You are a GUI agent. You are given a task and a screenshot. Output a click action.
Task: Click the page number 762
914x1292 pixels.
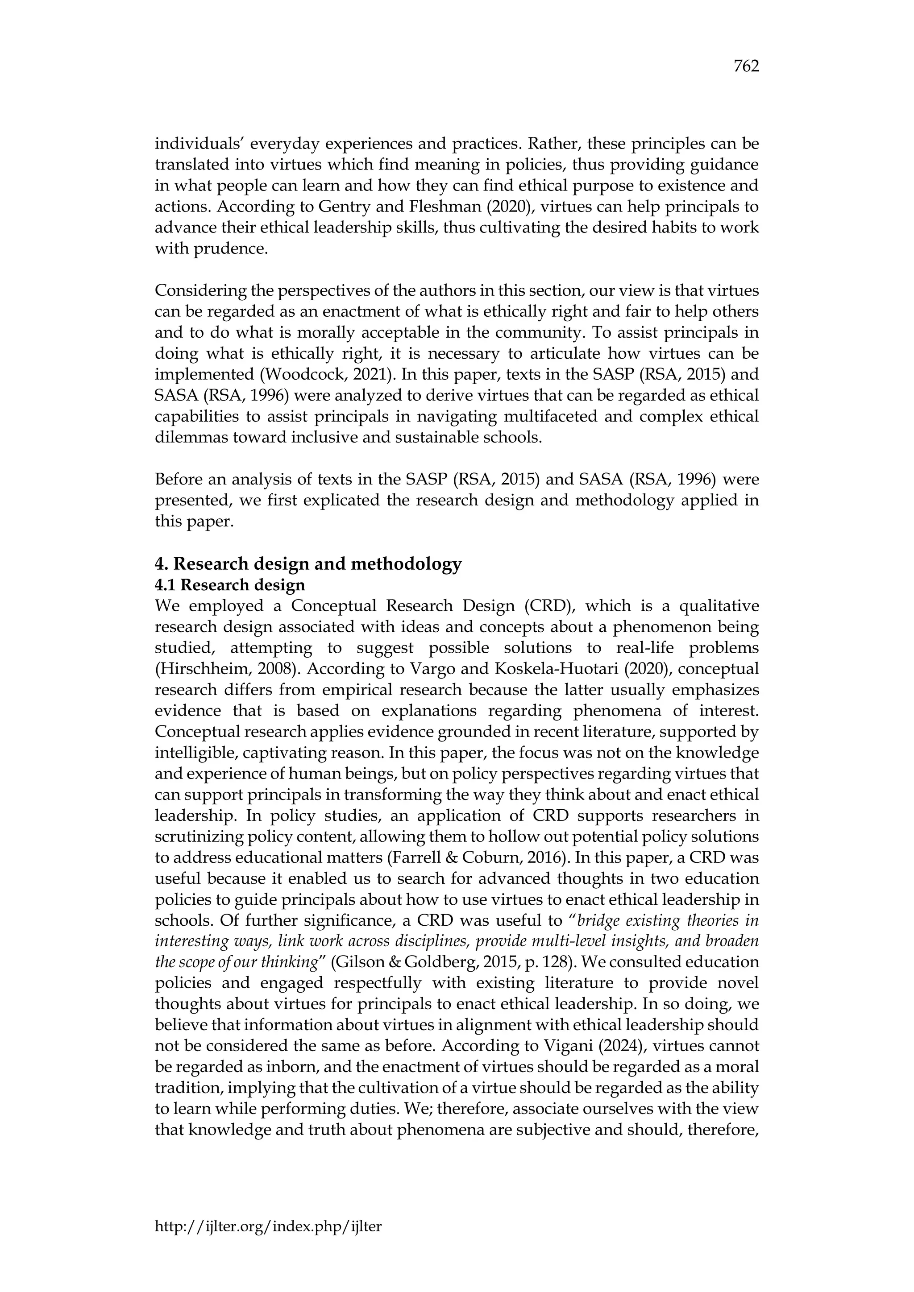point(746,66)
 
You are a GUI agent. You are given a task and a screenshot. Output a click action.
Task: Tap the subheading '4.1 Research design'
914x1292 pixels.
point(230,585)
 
